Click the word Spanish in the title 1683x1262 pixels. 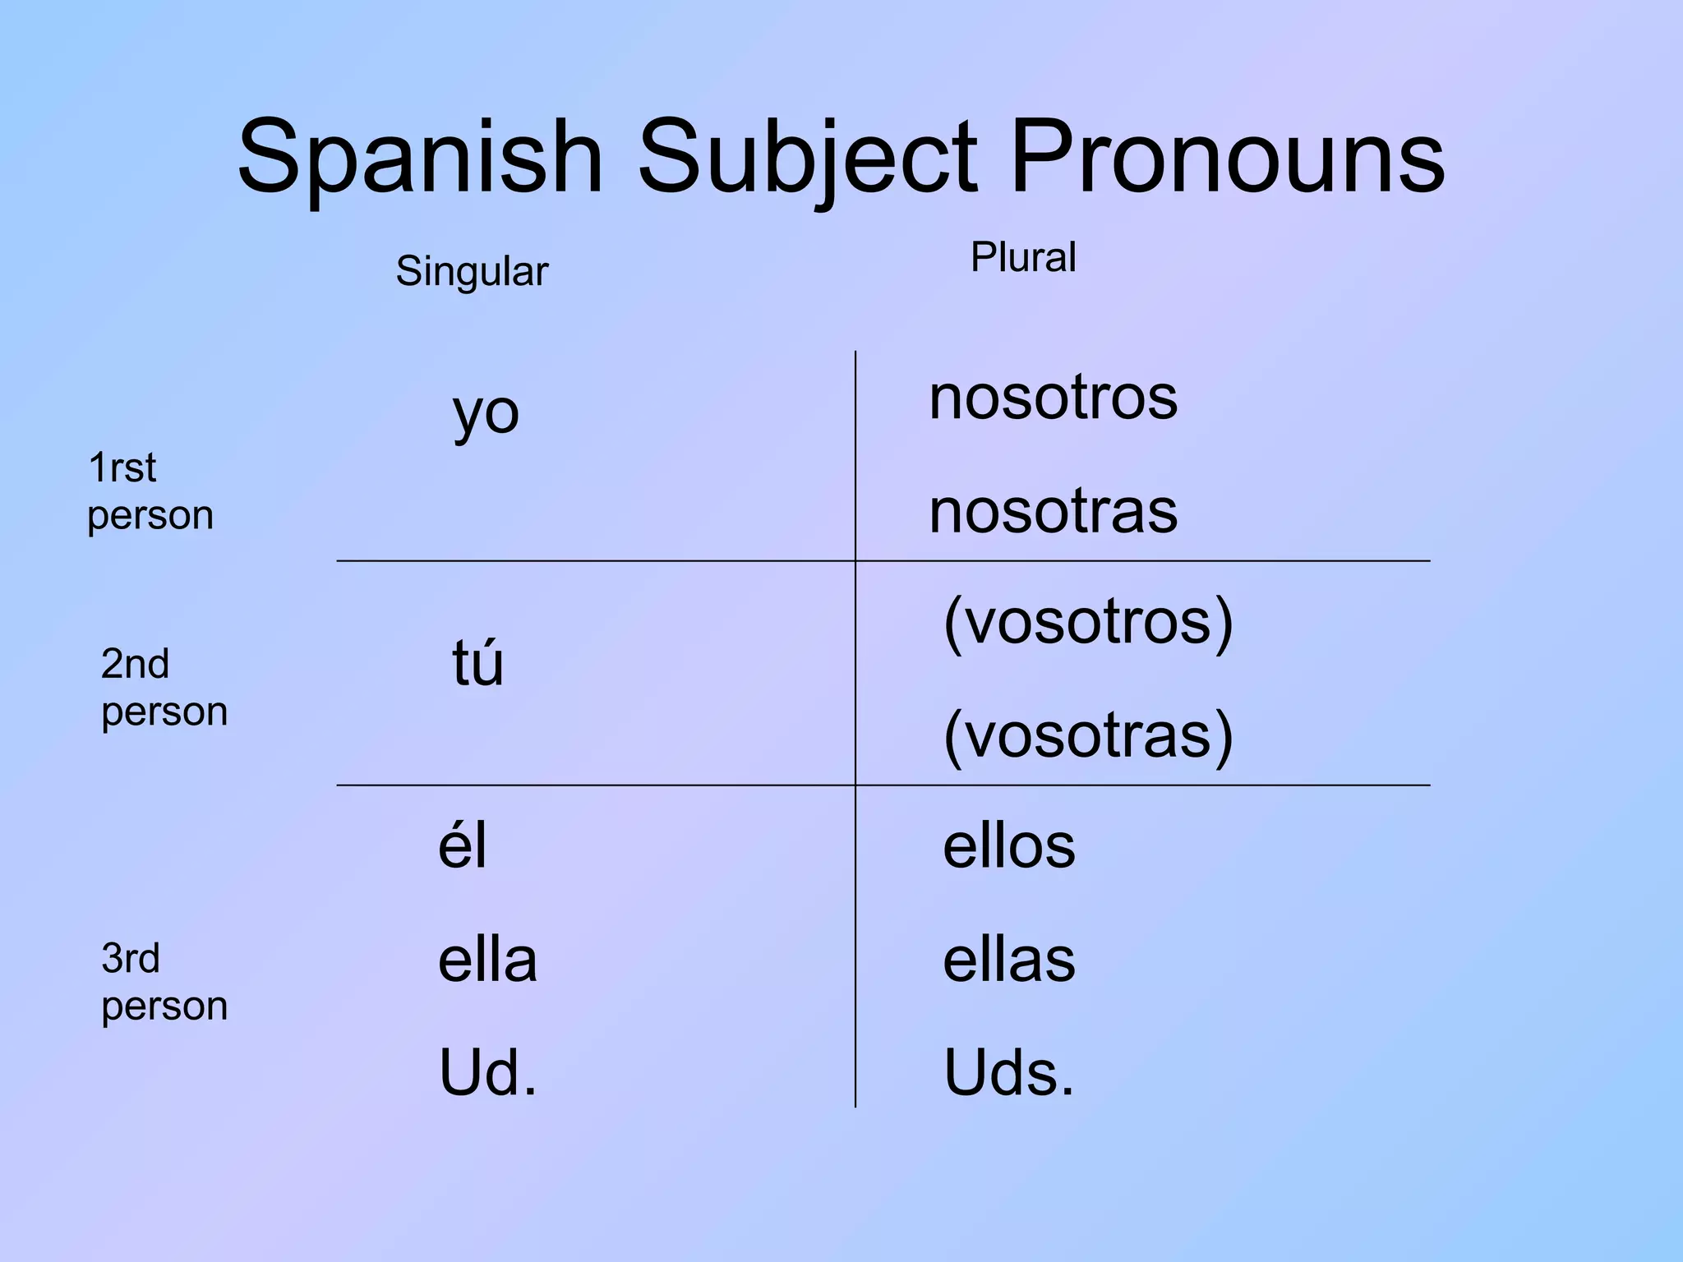coord(420,158)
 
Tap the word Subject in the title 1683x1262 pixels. coord(808,158)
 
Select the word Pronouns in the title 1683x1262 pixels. coord(1227,158)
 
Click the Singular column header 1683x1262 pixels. coord(472,271)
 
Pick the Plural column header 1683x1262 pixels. coord(1023,257)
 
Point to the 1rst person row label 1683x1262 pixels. coord(150,491)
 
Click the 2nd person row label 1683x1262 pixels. coord(164,688)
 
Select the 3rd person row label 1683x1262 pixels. coord(164,982)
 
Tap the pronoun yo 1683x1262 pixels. coord(486,413)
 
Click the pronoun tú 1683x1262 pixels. coord(477,662)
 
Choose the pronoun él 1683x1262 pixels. coord(463,845)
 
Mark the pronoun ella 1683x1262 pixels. coord(487,960)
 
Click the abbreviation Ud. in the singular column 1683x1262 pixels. coord(488,1073)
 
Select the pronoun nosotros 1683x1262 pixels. coord(1053,398)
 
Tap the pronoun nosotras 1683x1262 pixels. coord(1053,511)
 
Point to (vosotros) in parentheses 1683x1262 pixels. coord(1088,622)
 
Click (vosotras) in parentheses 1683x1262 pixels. coord(1088,735)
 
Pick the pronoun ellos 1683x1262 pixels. coord(1008,845)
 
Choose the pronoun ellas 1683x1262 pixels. coord(1008,960)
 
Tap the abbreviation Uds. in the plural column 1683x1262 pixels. coord(1008,1073)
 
